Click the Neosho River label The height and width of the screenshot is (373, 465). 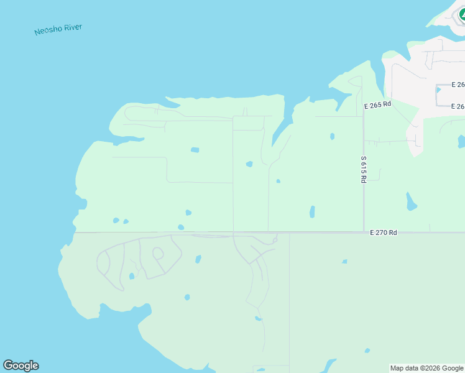point(58,29)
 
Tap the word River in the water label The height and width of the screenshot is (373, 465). point(72,28)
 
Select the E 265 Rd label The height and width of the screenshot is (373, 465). point(377,105)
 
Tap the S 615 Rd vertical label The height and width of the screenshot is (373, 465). point(364,169)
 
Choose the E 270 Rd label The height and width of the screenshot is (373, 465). point(383,233)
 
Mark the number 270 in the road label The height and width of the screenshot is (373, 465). point(382,233)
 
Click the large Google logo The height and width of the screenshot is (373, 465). point(21,366)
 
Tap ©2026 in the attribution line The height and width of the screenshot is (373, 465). point(431,368)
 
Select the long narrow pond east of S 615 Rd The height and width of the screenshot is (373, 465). point(411,201)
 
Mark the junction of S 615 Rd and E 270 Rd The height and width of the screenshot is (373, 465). point(364,233)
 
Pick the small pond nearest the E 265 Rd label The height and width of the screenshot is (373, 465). point(333,136)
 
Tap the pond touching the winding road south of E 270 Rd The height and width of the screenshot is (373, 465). point(258,318)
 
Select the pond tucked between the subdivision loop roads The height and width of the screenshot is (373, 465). point(132,276)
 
